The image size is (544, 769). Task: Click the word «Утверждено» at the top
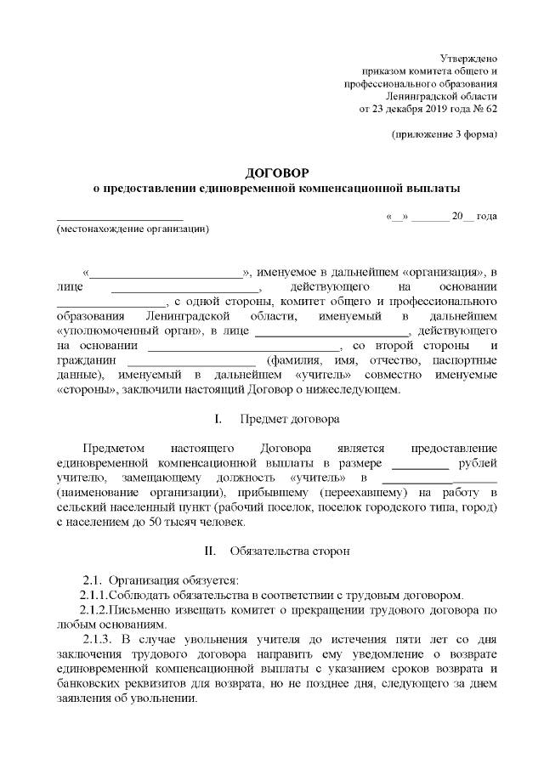469,56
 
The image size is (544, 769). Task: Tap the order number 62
490,110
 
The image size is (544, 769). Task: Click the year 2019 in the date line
427,110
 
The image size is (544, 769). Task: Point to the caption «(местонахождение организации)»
132,229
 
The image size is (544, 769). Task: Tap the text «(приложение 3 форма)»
445,136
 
